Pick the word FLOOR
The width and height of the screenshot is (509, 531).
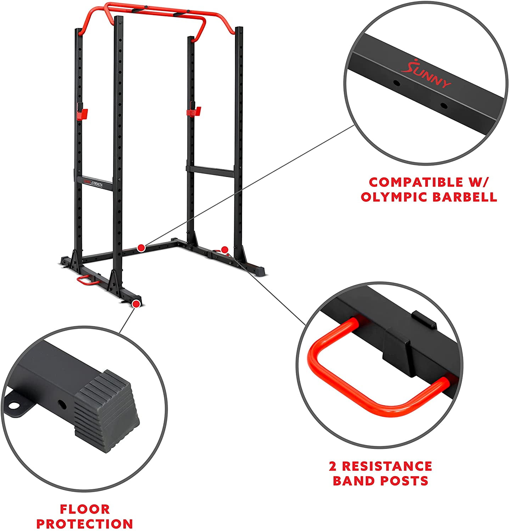pos(85,509)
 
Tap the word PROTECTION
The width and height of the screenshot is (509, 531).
pos(85,524)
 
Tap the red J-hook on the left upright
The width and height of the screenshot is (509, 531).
pos(82,113)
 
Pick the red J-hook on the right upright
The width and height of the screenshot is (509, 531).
pos(194,111)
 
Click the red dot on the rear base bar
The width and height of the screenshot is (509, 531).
pos(141,248)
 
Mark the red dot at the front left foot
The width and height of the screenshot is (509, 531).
pos(136,303)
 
